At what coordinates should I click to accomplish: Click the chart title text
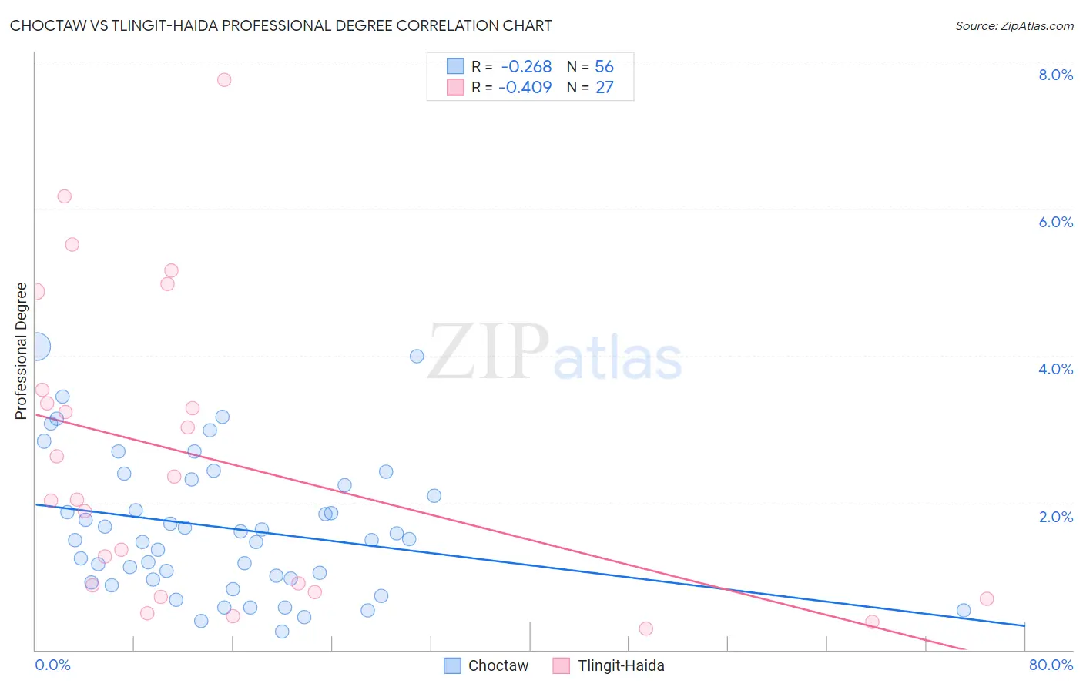click(280, 25)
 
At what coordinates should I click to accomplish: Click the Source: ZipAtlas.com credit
click(1014, 25)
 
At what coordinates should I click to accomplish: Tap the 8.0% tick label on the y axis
click(1055, 75)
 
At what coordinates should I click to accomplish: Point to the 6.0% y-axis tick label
click(1055, 222)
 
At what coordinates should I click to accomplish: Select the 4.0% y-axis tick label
click(1055, 369)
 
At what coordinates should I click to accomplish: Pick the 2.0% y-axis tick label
click(1055, 517)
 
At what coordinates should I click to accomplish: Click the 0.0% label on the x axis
click(52, 665)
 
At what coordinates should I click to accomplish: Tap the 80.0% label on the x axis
click(1051, 665)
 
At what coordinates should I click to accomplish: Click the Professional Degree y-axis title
click(21, 351)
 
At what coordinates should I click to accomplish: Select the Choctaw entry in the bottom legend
click(498, 665)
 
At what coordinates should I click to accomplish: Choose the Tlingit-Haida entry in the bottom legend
click(620, 665)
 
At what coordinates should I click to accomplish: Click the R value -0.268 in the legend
click(526, 67)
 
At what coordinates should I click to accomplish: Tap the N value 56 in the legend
click(604, 67)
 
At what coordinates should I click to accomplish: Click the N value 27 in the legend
click(604, 88)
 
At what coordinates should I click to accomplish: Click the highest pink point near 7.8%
click(224, 79)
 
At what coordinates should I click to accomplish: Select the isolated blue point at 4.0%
click(417, 356)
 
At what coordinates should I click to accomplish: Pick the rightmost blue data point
click(964, 611)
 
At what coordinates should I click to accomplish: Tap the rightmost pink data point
click(987, 599)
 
